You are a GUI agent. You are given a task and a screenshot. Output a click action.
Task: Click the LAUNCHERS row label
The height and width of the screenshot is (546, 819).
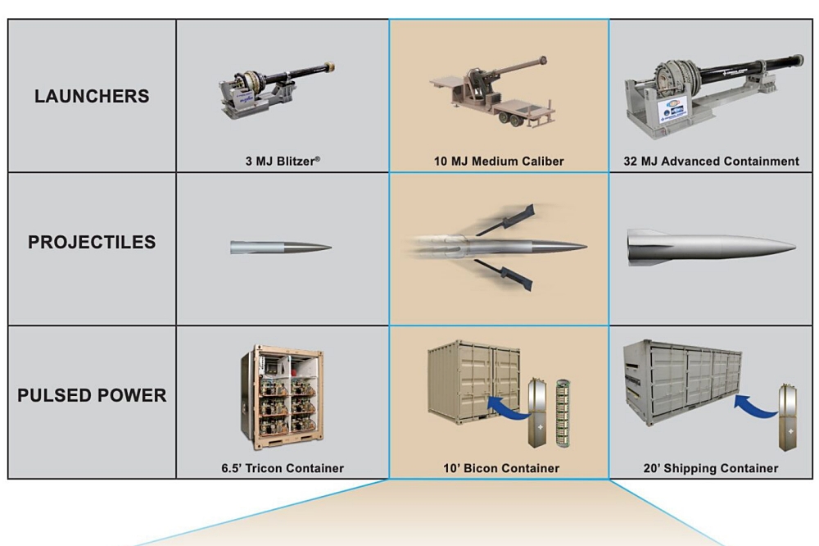92,96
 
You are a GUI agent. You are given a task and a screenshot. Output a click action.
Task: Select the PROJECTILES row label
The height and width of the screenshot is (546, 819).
92,243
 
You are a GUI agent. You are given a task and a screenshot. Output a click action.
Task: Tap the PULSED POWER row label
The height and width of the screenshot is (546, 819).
92,396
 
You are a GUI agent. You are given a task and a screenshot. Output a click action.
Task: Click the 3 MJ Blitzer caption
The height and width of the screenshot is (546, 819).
282,162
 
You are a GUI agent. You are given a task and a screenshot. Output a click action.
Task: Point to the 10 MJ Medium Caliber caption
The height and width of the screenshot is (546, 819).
499,162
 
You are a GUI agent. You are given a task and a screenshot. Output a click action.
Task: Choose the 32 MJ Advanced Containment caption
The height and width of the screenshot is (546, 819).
714,162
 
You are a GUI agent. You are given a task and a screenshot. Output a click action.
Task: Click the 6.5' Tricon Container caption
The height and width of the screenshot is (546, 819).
282,468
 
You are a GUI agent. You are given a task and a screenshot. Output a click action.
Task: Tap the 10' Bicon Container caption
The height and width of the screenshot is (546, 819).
499,468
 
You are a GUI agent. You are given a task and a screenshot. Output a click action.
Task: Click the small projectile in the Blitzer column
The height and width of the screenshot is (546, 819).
280,247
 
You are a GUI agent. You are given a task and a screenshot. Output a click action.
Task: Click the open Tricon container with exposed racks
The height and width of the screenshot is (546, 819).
281,395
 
